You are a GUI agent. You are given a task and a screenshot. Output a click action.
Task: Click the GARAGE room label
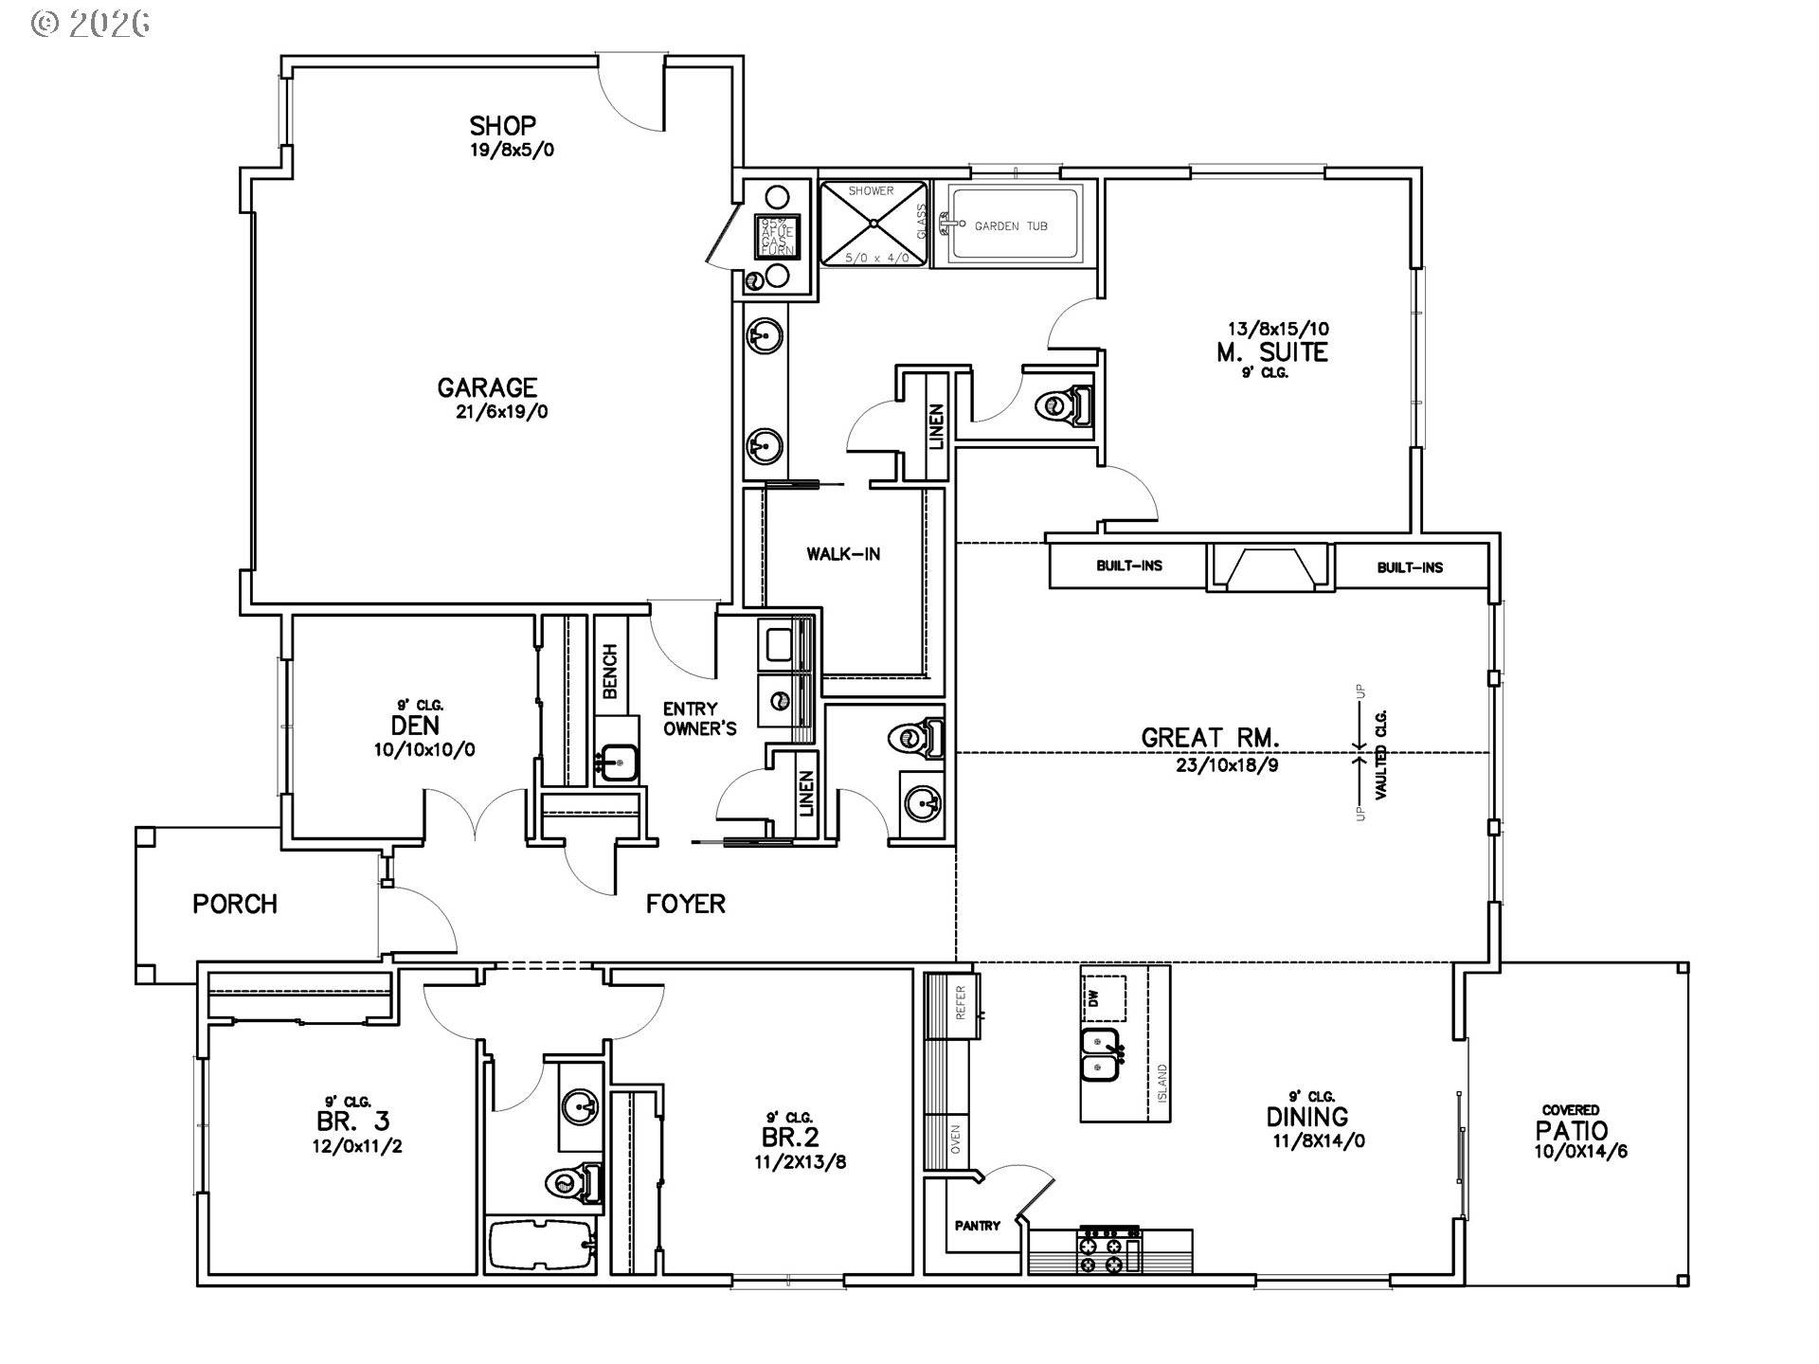[x=487, y=387]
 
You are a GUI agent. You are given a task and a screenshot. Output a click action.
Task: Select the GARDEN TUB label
[x=1011, y=226]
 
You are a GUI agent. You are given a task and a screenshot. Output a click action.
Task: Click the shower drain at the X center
[x=872, y=224]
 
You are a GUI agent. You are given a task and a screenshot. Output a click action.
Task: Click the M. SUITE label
[x=1271, y=352]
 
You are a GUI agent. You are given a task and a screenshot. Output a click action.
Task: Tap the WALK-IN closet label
[x=843, y=554]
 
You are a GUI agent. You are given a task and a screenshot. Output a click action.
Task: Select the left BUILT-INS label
[x=1129, y=565]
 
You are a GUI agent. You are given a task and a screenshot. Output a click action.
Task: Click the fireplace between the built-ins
[x=1270, y=567]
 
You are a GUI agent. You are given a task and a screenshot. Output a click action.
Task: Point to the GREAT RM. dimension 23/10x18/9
[x=1227, y=765]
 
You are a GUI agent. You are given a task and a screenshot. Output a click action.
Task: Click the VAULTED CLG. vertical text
[x=1381, y=754]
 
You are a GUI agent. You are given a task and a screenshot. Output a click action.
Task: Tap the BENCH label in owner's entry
[x=609, y=671]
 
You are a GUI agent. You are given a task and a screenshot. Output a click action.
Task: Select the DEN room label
[x=415, y=726]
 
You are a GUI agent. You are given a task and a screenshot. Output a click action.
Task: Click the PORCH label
[x=235, y=904]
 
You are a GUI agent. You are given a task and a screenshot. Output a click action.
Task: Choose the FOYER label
[x=686, y=904]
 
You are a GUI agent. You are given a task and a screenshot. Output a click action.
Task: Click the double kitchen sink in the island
[x=1100, y=1053]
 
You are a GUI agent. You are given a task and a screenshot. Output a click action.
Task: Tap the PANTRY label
[x=977, y=1226]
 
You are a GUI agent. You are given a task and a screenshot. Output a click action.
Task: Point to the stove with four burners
[x=1108, y=1250]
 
